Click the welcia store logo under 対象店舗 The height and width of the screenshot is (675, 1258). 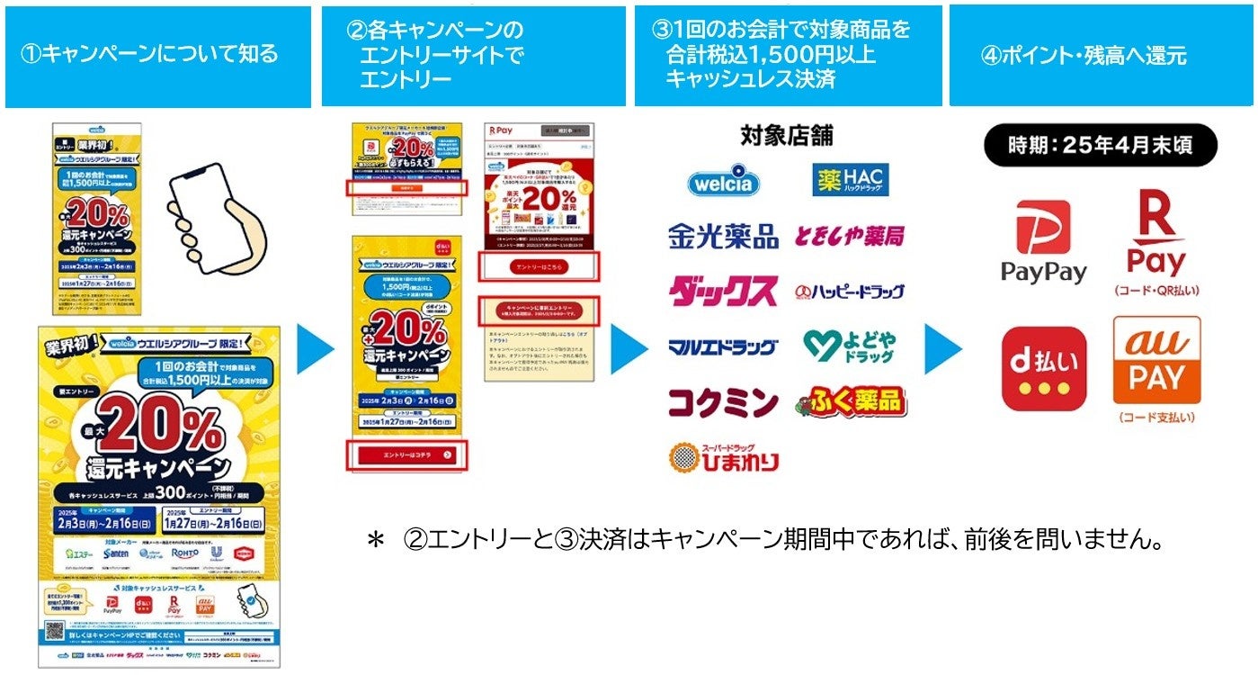(723, 181)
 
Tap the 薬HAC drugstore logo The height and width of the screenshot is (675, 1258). (850, 180)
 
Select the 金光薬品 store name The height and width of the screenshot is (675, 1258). (723, 236)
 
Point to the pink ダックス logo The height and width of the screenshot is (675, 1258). (722, 291)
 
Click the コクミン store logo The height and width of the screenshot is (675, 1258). (722, 401)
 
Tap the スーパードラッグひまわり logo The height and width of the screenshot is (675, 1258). (723, 457)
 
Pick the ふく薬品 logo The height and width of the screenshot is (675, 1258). (850, 401)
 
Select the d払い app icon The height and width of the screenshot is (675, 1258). (1043, 369)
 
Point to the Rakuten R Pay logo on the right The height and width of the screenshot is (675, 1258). (1156, 234)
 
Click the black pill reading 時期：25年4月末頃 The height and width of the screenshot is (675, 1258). (1100, 144)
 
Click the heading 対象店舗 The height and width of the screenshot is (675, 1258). (786, 135)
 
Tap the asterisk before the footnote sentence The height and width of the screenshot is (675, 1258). (375, 540)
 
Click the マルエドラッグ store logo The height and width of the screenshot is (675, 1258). (722, 346)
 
